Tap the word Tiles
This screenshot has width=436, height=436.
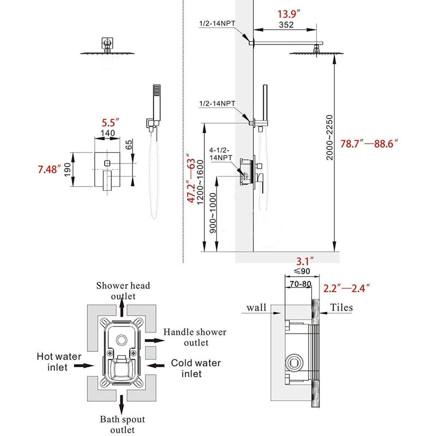pyautogui.click(x=341, y=308)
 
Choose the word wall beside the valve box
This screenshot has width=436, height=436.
pyautogui.click(x=256, y=308)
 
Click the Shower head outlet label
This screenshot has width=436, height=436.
pyautogui.click(x=123, y=290)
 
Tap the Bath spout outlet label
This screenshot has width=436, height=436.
pyautogui.click(x=123, y=425)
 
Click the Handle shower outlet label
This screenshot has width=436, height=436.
pyautogui.click(x=195, y=337)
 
